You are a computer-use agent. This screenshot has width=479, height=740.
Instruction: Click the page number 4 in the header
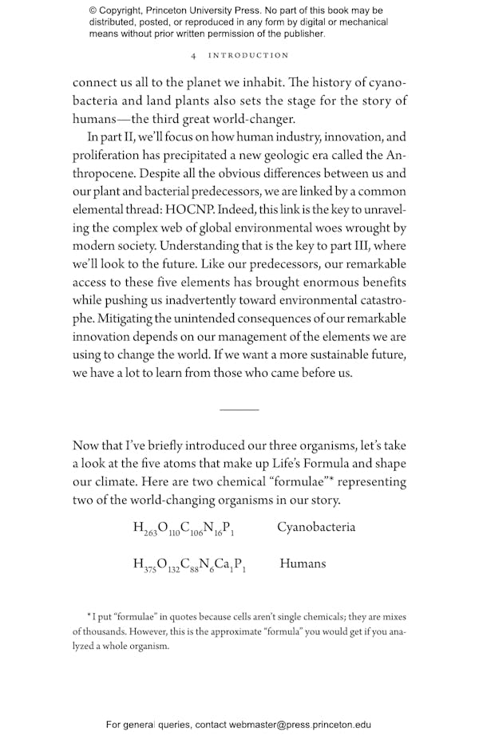pyautogui.click(x=194, y=56)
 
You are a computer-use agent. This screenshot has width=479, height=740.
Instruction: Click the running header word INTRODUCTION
pyautogui.click(x=248, y=56)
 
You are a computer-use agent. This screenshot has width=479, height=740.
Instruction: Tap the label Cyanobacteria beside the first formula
pyautogui.click(x=316, y=527)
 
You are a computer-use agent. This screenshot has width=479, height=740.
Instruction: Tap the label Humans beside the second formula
pyautogui.click(x=303, y=564)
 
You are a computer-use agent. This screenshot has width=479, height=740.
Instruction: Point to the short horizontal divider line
pyautogui.click(x=239, y=410)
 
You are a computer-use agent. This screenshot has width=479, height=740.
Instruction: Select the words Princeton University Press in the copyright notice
pyautogui.click(x=192, y=11)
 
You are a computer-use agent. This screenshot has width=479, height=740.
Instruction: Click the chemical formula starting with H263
pyautogui.click(x=183, y=528)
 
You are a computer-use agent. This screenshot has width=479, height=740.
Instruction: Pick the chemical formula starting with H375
pyautogui.click(x=189, y=565)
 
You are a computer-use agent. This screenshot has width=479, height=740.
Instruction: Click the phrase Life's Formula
pyautogui.click(x=311, y=464)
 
